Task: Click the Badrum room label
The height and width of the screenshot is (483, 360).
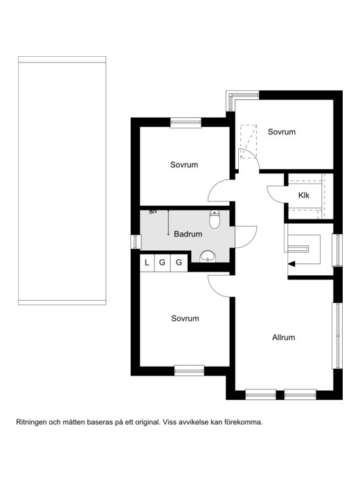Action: coord(188,234)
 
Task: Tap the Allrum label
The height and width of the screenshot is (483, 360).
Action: coord(283,337)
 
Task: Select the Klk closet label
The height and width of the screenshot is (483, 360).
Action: coord(304,195)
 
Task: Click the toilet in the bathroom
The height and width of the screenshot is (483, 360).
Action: coord(215,219)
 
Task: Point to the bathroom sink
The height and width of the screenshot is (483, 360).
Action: coord(208,256)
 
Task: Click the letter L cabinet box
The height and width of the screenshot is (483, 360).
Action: coord(147,263)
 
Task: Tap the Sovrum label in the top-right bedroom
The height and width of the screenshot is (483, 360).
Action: coord(282,132)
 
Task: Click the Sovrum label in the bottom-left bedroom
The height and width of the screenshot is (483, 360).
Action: coord(185,319)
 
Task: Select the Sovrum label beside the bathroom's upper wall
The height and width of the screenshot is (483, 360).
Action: coord(184,165)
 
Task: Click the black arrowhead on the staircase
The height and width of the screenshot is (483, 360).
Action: coord(291,264)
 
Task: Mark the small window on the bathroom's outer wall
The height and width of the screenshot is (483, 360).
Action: coord(136,242)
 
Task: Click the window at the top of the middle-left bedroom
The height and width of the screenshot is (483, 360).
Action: coord(186,122)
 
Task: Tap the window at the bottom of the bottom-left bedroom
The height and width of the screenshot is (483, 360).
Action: coord(189,371)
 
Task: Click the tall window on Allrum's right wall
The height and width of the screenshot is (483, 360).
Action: coord(338,335)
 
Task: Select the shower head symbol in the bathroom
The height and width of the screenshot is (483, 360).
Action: coord(152,212)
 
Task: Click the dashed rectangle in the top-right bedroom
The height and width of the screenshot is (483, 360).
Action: coord(249,141)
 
